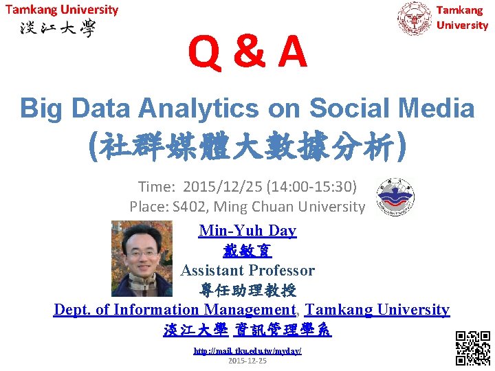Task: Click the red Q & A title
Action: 248,53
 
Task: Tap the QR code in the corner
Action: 473,348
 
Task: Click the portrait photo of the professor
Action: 144,258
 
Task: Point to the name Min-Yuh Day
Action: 247,231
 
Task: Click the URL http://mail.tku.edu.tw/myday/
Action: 247,351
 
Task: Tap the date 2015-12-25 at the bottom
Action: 247,361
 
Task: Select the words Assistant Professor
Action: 247,271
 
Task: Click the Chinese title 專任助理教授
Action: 247,290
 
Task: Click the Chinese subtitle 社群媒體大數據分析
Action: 247,146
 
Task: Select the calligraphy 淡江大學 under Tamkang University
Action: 58,29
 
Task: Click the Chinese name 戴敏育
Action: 247,251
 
